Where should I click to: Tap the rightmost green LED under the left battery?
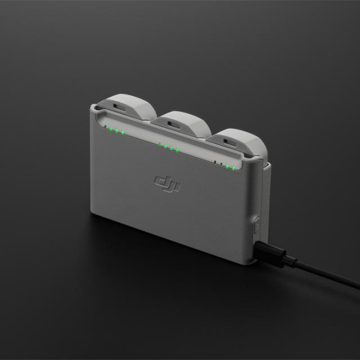pos(123,133)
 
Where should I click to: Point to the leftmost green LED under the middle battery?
pos(159,145)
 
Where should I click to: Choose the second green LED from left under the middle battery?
pos(165,146)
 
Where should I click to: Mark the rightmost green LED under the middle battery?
pos(178,150)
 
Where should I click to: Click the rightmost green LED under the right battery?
pos(232,167)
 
